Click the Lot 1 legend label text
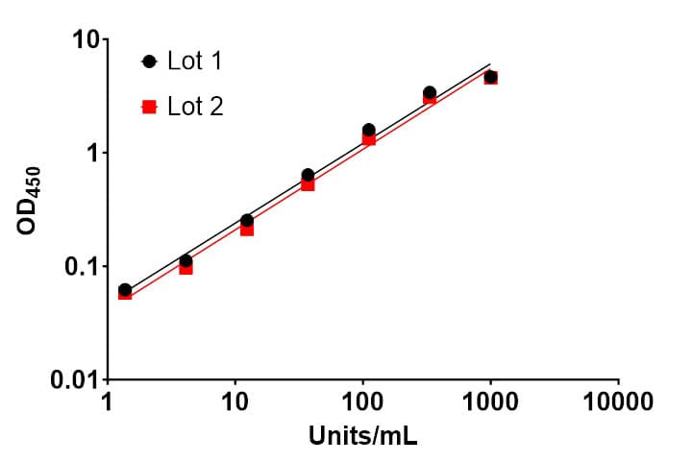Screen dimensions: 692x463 [194, 61]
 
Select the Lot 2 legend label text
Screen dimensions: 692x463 [195, 107]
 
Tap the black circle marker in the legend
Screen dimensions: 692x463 [150, 61]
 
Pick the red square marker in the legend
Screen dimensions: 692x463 [150, 107]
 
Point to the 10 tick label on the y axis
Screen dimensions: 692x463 [86, 39]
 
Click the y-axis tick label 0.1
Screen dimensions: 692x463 [81, 266]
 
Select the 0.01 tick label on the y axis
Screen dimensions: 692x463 [74, 379]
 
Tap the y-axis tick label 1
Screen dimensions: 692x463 [92, 153]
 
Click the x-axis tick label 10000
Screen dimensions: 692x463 [618, 402]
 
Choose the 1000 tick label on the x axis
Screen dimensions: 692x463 [490, 402]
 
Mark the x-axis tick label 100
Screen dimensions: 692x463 [362, 402]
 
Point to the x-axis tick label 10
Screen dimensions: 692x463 [235, 402]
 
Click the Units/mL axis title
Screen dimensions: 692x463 [362, 436]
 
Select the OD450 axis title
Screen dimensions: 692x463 [29, 201]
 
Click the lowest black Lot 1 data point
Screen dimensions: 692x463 [125, 290]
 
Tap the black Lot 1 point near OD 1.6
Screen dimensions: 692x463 [369, 130]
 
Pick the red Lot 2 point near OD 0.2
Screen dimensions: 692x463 [247, 230]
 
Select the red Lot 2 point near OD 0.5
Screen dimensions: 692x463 [308, 184]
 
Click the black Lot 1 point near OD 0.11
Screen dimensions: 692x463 [185, 260]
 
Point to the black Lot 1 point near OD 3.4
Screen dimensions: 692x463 [430, 92]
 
